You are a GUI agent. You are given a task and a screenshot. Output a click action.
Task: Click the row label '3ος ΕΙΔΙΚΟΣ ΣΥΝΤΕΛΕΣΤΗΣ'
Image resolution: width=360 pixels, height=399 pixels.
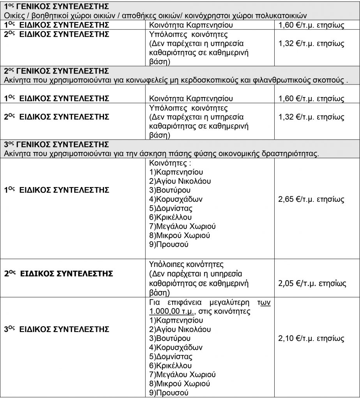click(56, 329)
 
